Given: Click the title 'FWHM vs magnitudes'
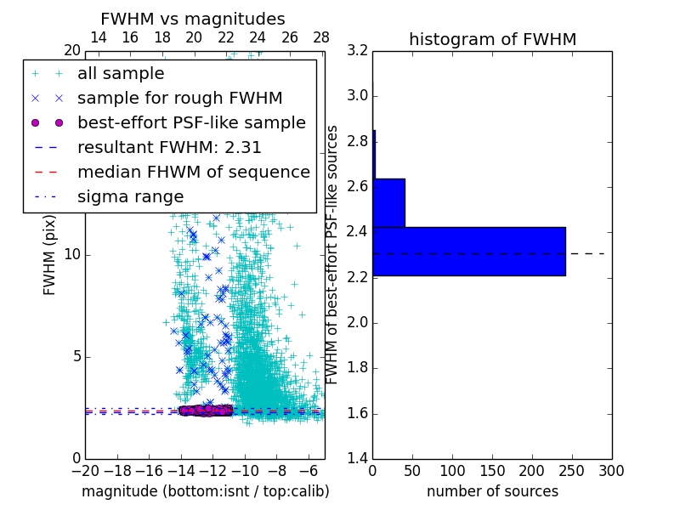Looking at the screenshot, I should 193,19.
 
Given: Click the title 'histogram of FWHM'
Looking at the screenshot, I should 492,39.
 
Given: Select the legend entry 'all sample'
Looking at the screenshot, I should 121,74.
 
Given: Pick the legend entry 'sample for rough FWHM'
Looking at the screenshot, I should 179,99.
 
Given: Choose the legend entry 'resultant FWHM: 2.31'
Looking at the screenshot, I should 169,147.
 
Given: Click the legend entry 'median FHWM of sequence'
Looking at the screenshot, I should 194,172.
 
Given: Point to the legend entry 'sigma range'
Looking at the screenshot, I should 130,196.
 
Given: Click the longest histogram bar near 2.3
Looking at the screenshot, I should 468,252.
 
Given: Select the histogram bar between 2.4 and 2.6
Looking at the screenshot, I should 388,203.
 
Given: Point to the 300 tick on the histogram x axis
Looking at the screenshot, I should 611,470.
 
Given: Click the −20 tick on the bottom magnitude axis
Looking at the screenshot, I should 85,470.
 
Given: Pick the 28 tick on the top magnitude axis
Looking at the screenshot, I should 321,37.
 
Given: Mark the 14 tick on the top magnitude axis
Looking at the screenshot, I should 98,37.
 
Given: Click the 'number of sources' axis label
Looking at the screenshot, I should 492,491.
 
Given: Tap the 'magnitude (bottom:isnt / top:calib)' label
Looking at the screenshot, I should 205,491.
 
